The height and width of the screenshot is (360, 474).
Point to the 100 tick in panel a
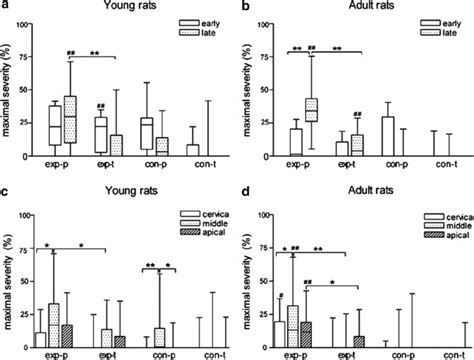tap(27, 22)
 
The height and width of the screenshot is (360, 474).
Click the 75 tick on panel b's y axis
tap(266, 56)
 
